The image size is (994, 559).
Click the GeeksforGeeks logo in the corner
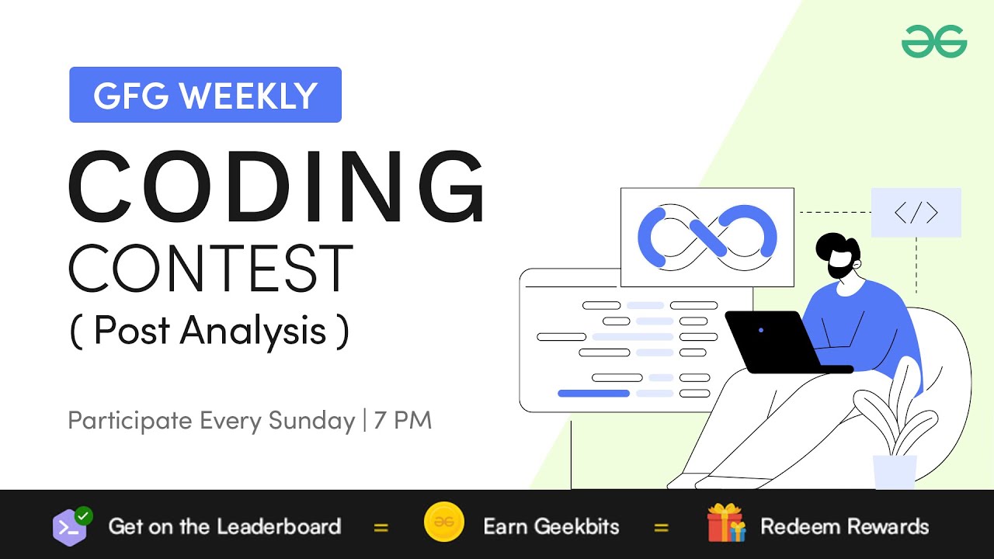click(x=934, y=41)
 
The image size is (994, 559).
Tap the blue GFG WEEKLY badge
click(x=205, y=95)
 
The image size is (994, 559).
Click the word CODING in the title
click(x=277, y=186)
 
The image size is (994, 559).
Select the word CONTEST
click(x=210, y=269)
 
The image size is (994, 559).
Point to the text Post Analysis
click(x=210, y=331)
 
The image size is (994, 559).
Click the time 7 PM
click(x=402, y=421)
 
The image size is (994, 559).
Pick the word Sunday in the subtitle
click(x=311, y=421)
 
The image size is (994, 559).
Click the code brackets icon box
click(x=916, y=213)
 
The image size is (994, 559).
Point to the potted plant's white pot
click(x=895, y=471)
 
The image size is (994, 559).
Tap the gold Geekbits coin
click(x=444, y=526)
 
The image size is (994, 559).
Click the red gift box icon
click(x=726, y=524)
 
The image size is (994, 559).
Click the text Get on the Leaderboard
click(x=224, y=526)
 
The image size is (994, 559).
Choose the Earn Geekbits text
click(x=551, y=526)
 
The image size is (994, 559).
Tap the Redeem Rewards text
click(x=844, y=526)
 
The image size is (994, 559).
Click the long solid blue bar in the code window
click(x=593, y=394)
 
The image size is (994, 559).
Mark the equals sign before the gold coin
click(x=381, y=527)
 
